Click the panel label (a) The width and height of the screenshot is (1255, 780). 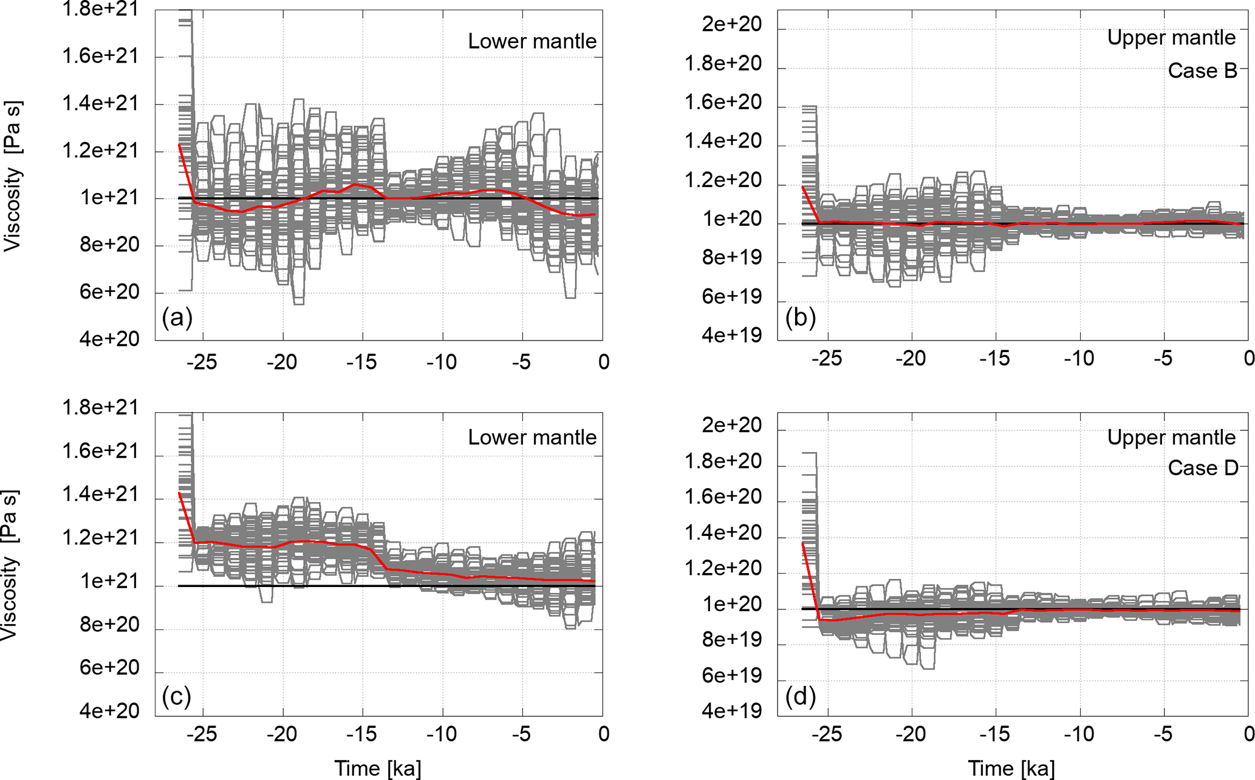[177, 317]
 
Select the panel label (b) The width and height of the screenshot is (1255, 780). [800, 317]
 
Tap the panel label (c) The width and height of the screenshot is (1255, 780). [177, 696]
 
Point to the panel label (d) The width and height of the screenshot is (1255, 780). [800, 696]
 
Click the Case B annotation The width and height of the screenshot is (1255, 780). [1202, 71]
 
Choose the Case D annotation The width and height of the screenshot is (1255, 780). [1202, 468]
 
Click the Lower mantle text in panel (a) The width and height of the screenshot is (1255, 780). [532, 41]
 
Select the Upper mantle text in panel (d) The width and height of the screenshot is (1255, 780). [1171, 437]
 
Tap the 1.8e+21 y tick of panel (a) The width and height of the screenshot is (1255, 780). [101, 9]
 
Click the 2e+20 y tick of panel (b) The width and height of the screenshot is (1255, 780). [731, 24]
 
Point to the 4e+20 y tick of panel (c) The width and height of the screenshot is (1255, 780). [109, 711]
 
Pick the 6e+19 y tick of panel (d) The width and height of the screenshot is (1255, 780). [731, 675]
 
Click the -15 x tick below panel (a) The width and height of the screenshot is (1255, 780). [362, 362]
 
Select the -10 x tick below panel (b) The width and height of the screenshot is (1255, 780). [1079, 358]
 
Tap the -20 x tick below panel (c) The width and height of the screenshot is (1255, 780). [282, 734]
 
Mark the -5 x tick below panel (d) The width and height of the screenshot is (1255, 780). [1163, 734]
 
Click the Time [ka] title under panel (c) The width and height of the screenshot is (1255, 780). [377, 768]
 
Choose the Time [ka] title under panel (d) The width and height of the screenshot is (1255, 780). [1011, 768]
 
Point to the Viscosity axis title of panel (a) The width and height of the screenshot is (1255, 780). [12, 176]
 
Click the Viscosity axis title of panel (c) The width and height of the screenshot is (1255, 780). [10, 565]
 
